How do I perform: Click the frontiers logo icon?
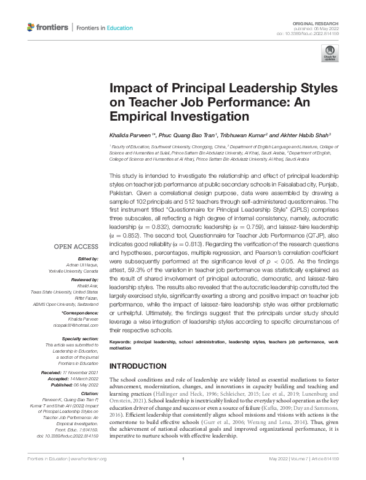point(31,28)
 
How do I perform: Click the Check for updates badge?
point(329,57)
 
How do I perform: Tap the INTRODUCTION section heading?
point(138,366)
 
